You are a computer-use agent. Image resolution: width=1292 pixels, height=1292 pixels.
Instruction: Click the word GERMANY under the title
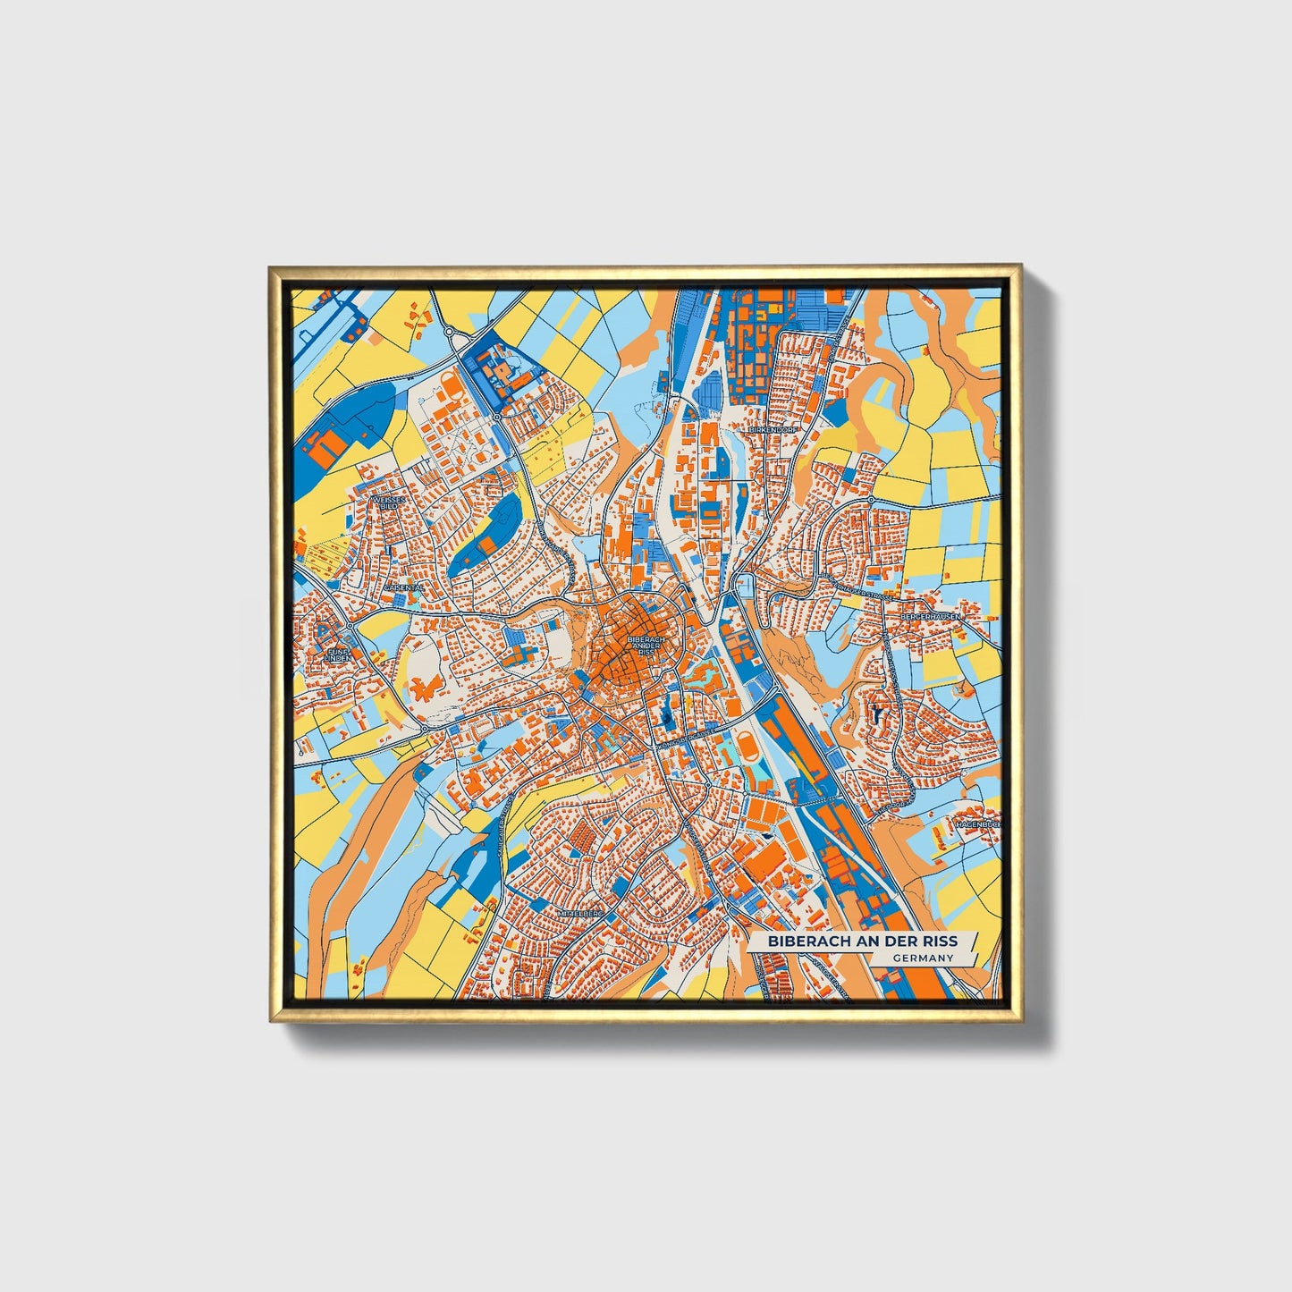[923, 958]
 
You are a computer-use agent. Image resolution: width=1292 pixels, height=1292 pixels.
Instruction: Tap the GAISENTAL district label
[401, 587]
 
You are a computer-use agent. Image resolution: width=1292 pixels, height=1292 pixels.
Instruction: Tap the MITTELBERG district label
[581, 915]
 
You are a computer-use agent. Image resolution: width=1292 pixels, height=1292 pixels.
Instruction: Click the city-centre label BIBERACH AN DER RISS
[646, 646]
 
